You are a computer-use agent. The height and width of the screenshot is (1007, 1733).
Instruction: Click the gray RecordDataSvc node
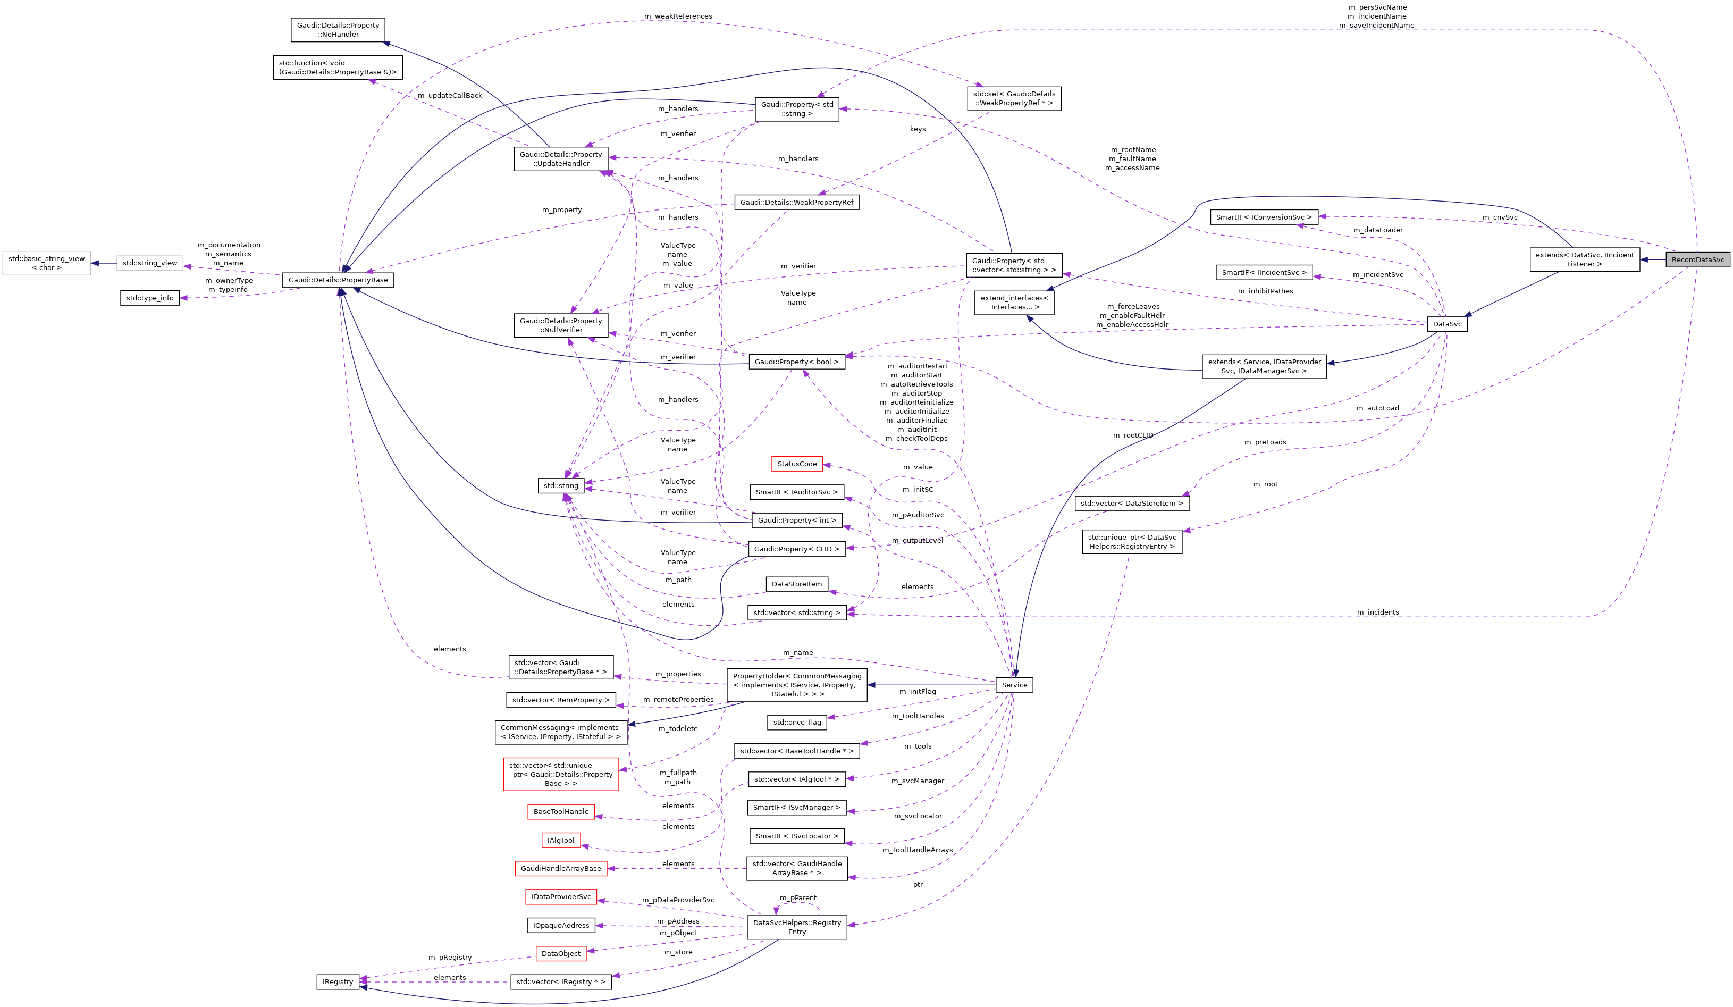(1697, 259)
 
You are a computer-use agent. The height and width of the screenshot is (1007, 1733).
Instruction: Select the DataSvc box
(1447, 324)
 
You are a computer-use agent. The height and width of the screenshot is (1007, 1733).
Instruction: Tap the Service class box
(1014, 685)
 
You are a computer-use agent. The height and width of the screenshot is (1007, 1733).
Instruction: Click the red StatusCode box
(796, 464)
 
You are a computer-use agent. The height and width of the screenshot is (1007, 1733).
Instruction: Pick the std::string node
(560, 485)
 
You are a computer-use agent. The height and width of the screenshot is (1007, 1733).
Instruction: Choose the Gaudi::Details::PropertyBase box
(338, 280)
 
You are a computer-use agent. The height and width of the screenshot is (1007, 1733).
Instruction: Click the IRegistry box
(338, 981)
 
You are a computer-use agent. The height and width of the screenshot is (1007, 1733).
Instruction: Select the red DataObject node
(560, 953)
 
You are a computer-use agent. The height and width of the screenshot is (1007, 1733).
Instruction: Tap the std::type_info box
(150, 298)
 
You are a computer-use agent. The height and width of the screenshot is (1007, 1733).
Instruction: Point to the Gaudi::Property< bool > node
(796, 362)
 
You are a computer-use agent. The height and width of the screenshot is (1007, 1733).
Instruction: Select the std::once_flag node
(796, 722)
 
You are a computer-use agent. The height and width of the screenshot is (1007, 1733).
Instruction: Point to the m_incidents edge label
(1377, 612)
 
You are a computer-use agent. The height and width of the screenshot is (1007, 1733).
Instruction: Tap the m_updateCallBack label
(450, 96)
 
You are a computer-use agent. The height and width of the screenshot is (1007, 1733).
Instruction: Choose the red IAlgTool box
(560, 840)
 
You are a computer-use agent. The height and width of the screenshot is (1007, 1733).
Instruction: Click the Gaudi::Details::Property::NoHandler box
(338, 30)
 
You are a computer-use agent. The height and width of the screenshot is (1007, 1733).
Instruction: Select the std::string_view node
(150, 263)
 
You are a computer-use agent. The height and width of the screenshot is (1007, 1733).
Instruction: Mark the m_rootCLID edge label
(1133, 435)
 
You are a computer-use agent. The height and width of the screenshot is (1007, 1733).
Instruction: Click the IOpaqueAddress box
(560, 925)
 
